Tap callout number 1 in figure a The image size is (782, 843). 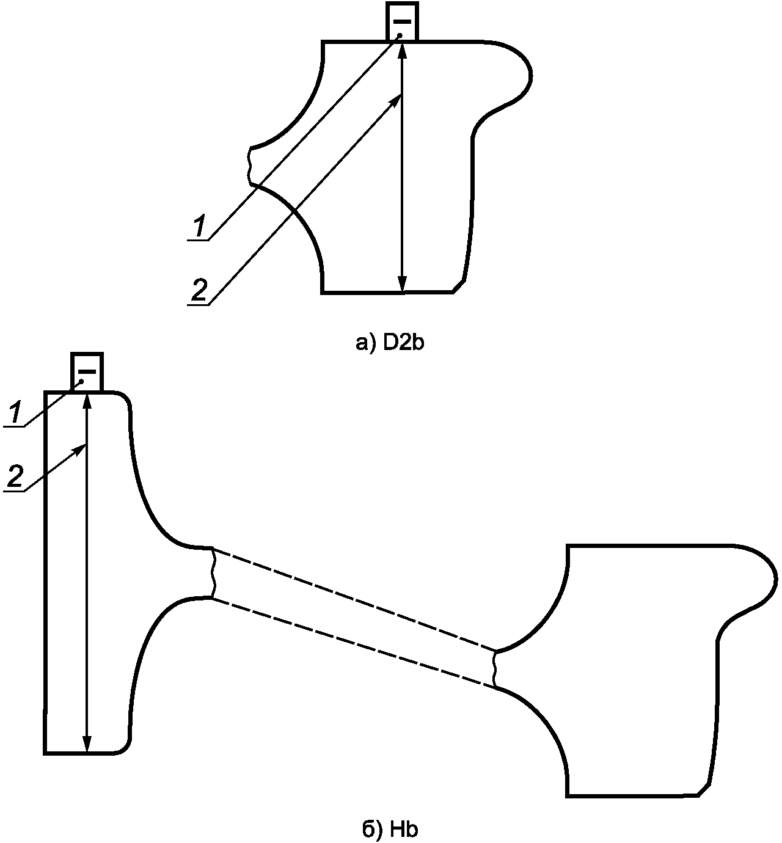(x=200, y=226)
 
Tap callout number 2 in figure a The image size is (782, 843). (x=199, y=290)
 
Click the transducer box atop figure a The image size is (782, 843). (x=402, y=21)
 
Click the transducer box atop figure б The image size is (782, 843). (x=87, y=371)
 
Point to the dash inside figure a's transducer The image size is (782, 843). (x=402, y=21)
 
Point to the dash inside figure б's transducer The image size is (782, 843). (x=87, y=371)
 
